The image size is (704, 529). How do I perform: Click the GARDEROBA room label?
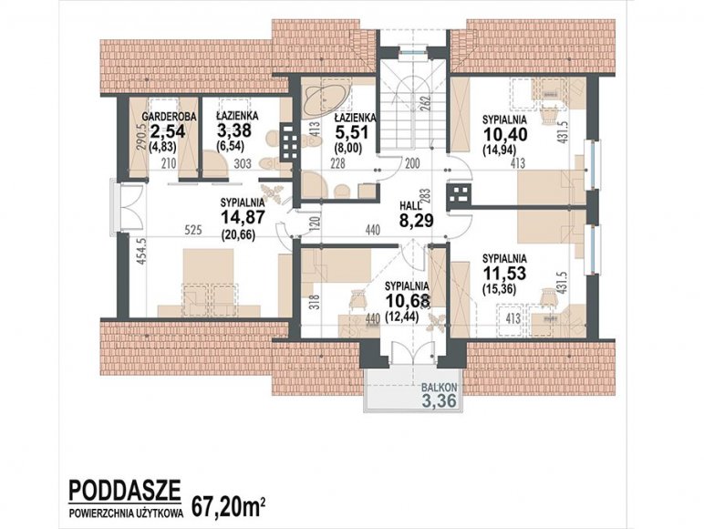click(x=169, y=117)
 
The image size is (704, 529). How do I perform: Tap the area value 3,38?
click(x=234, y=130)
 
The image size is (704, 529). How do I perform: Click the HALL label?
click(x=410, y=206)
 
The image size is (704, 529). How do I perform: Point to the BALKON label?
click(x=440, y=387)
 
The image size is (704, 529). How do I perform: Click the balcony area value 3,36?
click(x=440, y=399)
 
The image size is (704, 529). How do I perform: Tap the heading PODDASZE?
click(x=124, y=490)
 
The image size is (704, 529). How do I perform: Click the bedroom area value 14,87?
click(x=243, y=217)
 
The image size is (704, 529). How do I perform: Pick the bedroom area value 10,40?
click(x=504, y=134)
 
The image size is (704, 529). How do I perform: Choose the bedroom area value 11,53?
click(x=504, y=273)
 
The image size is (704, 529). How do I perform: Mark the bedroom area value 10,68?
click(x=408, y=300)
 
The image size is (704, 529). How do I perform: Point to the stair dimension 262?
click(x=426, y=104)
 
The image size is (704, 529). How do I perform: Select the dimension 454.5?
click(x=141, y=251)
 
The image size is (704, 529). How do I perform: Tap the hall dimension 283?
click(x=426, y=196)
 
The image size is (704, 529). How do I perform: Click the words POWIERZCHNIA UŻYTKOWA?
click(x=126, y=514)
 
